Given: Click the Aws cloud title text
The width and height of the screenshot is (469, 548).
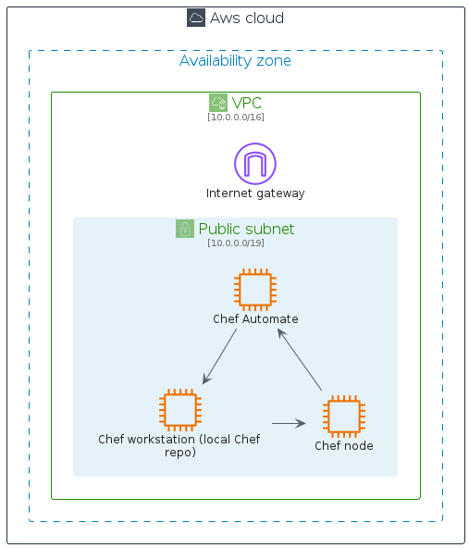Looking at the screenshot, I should click(x=246, y=19).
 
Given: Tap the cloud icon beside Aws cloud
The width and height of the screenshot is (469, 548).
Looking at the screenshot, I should click(x=196, y=18).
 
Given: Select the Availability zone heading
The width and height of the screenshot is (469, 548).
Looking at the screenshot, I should click(x=235, y=61).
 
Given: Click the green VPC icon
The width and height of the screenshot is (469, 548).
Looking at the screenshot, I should click(x=218, y=103).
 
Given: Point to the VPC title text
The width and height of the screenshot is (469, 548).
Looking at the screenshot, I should click(x=246, y=103).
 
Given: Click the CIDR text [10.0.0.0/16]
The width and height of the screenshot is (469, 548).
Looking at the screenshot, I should click(x=235, y=118).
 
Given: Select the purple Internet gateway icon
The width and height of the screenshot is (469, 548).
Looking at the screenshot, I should click(x=255, y=164).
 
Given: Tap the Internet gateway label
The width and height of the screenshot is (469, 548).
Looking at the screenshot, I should click(x=255, y=193).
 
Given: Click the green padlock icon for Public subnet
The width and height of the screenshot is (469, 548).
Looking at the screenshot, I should click(x=185, y=229).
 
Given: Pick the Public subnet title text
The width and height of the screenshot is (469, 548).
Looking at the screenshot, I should click(x=246, y=229).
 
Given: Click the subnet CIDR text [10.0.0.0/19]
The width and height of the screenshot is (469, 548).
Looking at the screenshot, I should click(x=235, y=243).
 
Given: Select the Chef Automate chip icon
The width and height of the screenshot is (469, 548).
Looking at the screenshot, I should click(x=255, y=289).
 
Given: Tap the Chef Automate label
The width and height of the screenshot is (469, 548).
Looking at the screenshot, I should click(x=255, y=319).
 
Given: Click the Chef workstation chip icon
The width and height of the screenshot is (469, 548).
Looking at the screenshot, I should click(x=179, y=410).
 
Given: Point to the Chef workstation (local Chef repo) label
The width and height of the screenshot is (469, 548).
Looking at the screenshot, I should click(x=179, y=445).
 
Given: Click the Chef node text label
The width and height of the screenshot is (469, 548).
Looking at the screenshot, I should click(x=343, y=445).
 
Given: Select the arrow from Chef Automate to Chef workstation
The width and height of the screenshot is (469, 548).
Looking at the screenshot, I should click(x=220, y=355).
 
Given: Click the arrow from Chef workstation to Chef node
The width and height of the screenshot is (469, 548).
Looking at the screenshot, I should click(x=289, y=423).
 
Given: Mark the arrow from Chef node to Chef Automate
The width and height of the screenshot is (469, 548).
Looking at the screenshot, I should click(x=300, y=359).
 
